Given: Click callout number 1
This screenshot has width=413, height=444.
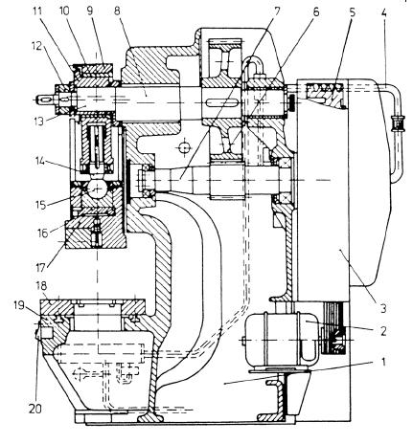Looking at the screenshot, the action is click(x=383, y=363).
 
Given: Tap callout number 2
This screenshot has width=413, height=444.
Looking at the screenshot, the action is click(x=383, y=331).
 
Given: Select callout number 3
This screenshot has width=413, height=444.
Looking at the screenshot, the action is click(x=383, y=308).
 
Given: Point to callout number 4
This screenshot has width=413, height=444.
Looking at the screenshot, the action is click(x=383, y=13).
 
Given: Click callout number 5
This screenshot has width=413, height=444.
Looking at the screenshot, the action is click(x=352, y=13).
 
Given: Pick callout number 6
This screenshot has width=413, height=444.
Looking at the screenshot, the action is click(x=315, y=12).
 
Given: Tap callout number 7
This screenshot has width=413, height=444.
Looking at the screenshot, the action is click(x=277, y=12).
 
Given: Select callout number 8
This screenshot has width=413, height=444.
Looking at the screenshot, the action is click(x=117, y=11).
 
